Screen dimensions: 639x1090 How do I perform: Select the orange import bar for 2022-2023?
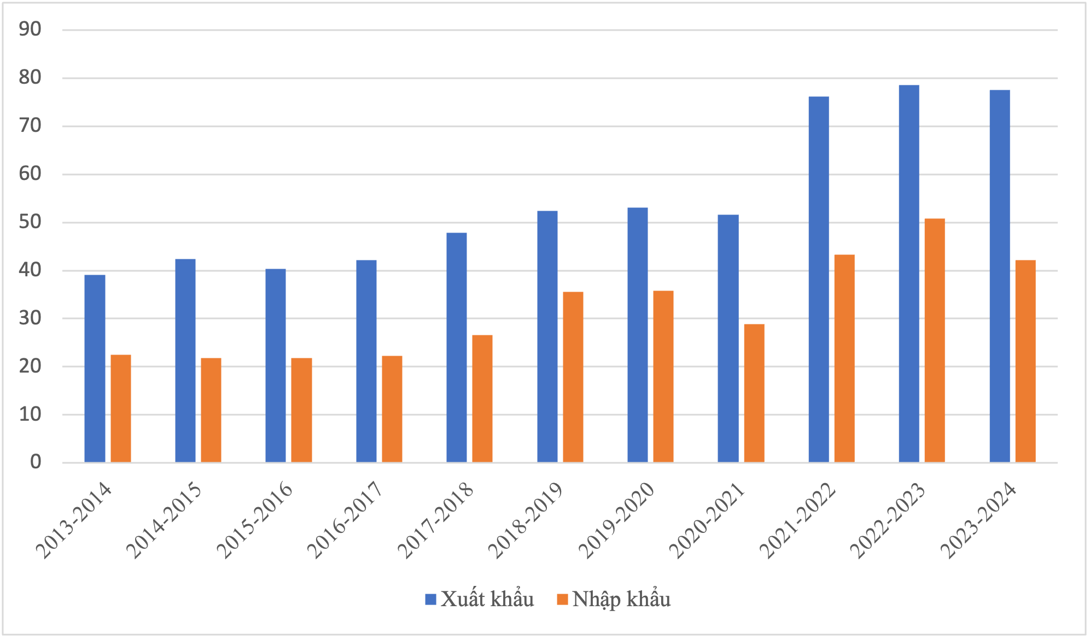click(x=935, y=340)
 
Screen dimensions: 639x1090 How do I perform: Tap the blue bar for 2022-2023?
click(x=909, y=274)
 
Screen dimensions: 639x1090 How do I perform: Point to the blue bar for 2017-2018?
click(x=457, y=347)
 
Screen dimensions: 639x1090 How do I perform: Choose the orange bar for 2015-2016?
click(x=301, y=410)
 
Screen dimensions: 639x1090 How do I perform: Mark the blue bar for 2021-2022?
click(x=818, y=279)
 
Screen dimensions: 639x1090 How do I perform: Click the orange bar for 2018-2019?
click(x=573, y=377)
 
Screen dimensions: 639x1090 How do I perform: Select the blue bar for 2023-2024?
click(x=1000, y=276)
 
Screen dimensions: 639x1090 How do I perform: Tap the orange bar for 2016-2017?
click(x=392, y=409)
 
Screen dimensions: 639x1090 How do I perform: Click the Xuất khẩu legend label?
click(x=487, y=600)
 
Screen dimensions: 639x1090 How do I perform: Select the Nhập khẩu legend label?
click(x=621, y=600)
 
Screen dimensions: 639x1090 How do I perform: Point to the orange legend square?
click(x=562, y=600)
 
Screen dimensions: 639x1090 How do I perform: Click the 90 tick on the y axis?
click(x=30, y=30)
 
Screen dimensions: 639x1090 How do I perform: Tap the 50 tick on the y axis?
click(x=30, y=222)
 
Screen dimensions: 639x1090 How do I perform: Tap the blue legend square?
click(x=430, y=600)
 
